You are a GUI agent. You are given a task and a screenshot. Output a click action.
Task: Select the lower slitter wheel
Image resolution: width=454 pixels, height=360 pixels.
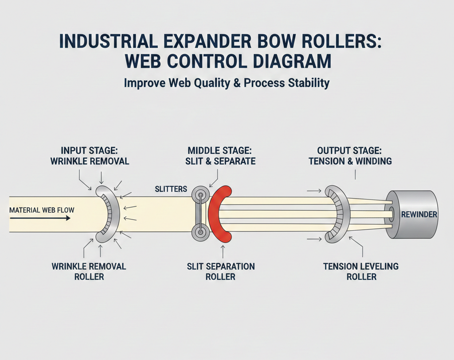(x=200, y=232)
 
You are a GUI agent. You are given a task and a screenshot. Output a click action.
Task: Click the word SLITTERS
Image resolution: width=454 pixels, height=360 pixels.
(x=171, y=189)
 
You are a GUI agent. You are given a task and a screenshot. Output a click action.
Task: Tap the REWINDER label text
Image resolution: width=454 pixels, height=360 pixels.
(x=419, y=215)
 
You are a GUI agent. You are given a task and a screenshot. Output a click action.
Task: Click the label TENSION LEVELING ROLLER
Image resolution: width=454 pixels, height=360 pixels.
(x=360, y=271)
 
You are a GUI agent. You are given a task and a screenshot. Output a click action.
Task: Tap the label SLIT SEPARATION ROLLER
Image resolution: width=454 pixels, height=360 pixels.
(x=220, y=271)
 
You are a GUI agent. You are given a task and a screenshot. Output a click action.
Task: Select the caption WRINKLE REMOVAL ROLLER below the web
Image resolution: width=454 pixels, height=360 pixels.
(x=89, y=271)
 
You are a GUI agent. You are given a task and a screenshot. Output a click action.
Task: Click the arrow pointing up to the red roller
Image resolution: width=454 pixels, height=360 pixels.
(x=222, y=252)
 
